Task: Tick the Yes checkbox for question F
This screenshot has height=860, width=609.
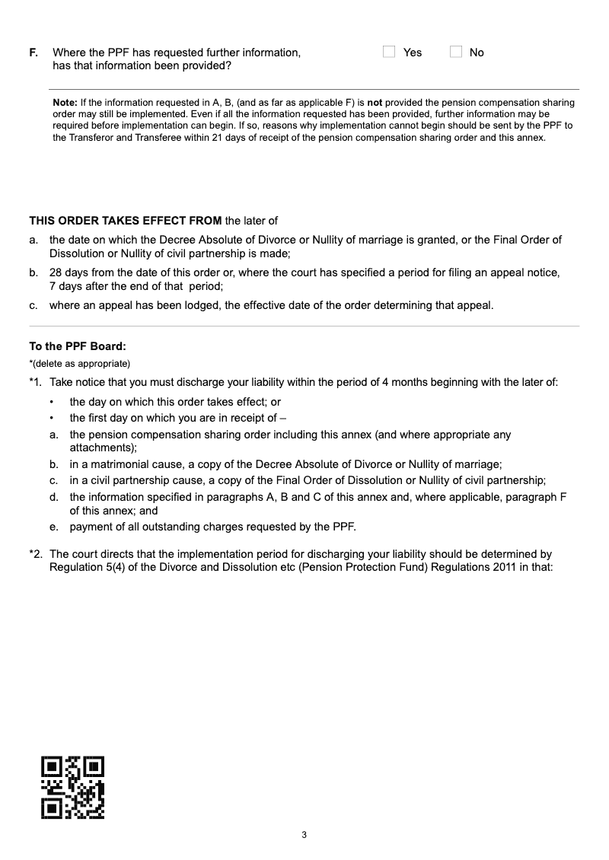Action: [389, 52]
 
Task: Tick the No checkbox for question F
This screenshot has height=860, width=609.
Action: [456, 52]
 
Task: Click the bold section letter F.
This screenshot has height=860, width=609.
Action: [33, 53]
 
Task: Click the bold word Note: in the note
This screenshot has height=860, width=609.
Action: [65, 102]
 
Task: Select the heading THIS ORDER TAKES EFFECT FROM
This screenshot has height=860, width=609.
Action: [125, 221]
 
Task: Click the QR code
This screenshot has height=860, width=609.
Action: [72, 787]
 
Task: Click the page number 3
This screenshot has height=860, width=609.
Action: [304, 836]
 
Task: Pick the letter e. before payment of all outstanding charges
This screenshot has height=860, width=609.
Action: [54, 527]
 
